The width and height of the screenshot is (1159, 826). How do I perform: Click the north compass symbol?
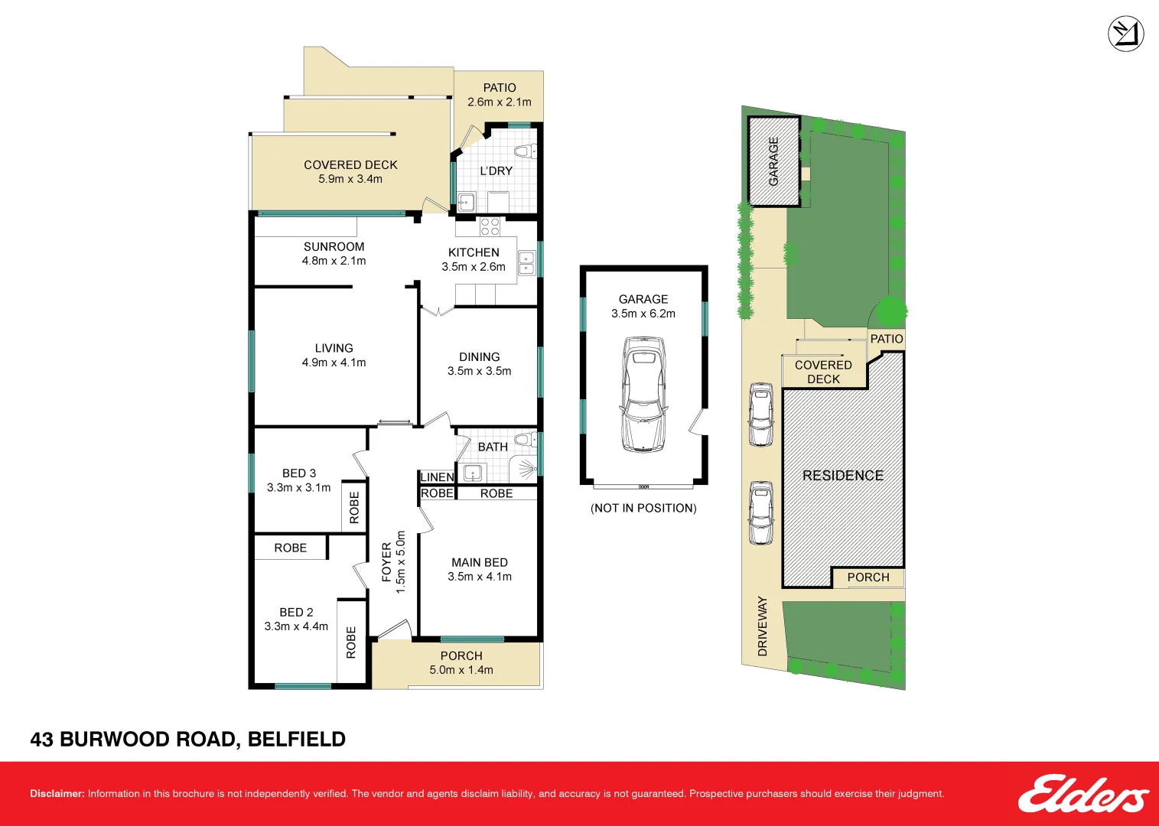pyautogui.click(x=1125, y=34)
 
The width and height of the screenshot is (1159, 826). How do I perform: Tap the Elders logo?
pyautogui.click(x=1082, y=794)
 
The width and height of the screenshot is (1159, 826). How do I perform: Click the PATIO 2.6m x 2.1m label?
pyautogui.click(x=499, y=95)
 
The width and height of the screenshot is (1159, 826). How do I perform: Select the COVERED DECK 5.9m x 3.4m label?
pyautogui.click(x=350, y=171)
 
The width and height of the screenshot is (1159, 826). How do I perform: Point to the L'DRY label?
pyautogui.click(x=496, y=171)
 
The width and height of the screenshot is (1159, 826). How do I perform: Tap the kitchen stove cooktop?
pyautogui.click(x=490, y=226)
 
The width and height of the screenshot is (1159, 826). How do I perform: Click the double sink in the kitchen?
pyautogui.click(x=526, y=262)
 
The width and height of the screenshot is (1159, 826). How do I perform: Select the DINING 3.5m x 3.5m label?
pyautogui.click(x=479, y=363)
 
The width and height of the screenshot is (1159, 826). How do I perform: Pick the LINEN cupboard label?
pyautogui.click(x=437, y=476)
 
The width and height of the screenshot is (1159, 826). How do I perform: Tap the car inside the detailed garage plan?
pyautogui.click(x=643, y=395)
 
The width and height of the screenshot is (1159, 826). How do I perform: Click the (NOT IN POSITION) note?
pyautogui.click(x=643, y=508)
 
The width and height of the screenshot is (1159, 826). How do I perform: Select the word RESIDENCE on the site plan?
pyautogui.click(x=842, y=475)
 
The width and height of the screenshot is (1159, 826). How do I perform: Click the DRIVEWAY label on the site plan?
pyautogui.click(x=762, y=626)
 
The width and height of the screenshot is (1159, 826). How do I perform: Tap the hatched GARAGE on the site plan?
pyautogui.click(x=773, y=161)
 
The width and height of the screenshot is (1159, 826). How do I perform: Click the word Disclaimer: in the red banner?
pyautogui.click(x=57, y=793)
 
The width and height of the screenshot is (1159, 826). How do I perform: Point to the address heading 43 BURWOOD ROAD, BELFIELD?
pyautogui.click(x=187, y=739)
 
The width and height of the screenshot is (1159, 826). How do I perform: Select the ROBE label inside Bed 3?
pyautogui.click(x=353, y=507)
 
